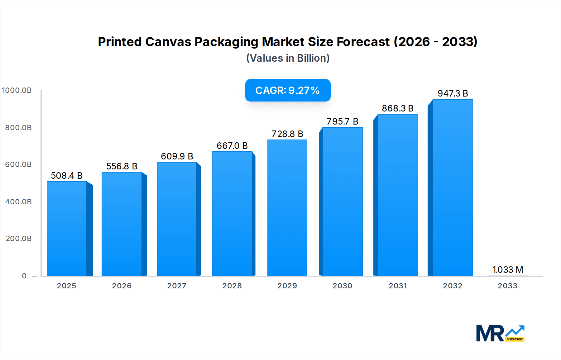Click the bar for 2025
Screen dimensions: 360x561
point(67,229)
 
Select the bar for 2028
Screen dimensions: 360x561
point(232,214)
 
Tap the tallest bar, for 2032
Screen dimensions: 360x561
point(453,188)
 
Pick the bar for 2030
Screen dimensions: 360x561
point(342,202)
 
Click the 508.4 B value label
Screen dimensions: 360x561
point(67,176)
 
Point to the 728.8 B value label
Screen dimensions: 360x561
point(287,134)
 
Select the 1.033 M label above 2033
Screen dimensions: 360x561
point(507,270)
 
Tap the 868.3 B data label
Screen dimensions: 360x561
point(397,108)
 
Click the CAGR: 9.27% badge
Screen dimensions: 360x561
point(288,90)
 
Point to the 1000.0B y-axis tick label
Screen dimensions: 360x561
point(17,90)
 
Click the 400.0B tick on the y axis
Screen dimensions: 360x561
point(18,202)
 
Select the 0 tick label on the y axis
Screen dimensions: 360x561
point(24,276)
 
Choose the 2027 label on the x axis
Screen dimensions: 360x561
point(177,286)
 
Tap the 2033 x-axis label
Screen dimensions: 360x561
point(507,286)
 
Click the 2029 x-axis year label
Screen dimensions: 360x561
point(287,286)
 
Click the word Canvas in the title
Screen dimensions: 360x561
point(168,42)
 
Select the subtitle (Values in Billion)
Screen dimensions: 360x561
point(288,58)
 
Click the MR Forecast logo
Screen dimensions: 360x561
point(500,333)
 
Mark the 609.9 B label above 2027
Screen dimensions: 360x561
point(177,156)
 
